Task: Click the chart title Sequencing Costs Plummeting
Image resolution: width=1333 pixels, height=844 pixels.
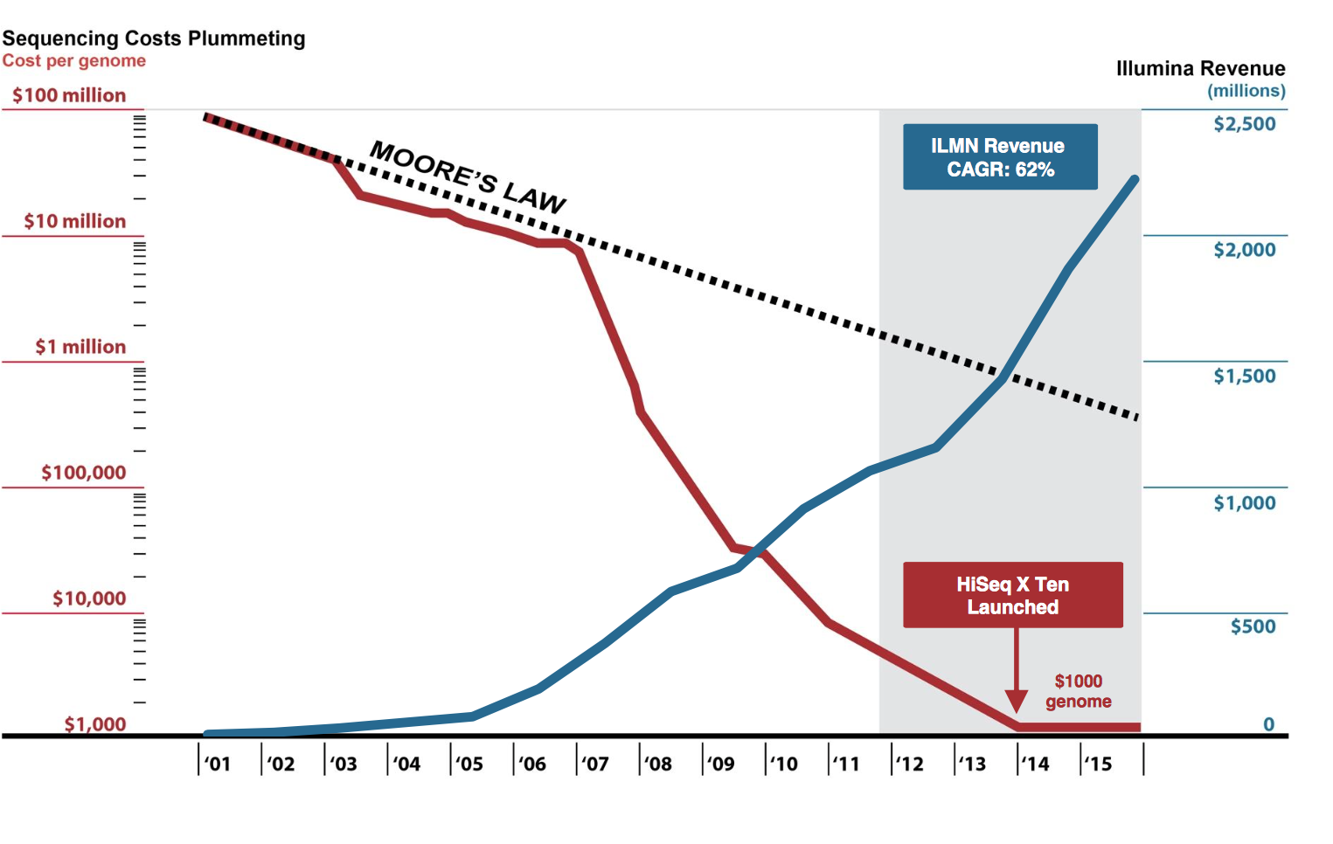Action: [154, 38]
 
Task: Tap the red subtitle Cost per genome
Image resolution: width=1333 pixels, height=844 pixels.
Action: [74, 61]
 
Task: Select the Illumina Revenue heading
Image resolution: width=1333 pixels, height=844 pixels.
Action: [1200, 68]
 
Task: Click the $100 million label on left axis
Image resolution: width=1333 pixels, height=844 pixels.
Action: [69, 95]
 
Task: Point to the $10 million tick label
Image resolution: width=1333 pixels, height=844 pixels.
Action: [75, 221]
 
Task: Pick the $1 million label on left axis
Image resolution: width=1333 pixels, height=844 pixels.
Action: [80, 347]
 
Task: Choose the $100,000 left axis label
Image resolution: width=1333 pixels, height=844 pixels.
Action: [84, 473]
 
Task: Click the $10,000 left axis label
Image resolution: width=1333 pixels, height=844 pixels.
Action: [89, 598]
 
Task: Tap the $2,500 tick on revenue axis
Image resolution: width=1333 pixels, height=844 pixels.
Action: [1244, 124]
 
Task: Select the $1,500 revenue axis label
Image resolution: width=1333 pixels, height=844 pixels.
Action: [1244, 377]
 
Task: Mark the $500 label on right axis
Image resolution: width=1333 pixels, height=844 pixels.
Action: [1253, 626]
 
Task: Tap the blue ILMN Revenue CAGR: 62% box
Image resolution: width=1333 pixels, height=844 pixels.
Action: [1000, 157]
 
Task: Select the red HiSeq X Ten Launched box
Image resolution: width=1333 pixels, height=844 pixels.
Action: [1012, 595]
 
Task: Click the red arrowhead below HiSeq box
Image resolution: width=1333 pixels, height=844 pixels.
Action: [1016, 702]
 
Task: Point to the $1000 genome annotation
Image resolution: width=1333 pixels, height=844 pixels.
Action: [1078, 691]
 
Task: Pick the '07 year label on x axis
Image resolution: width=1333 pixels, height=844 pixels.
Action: [595, 764]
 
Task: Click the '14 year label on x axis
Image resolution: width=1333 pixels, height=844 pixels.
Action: [1036, 764]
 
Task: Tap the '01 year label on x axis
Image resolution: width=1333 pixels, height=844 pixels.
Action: [218, 764]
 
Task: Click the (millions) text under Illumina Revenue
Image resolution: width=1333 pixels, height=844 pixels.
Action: [1246, 91]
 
